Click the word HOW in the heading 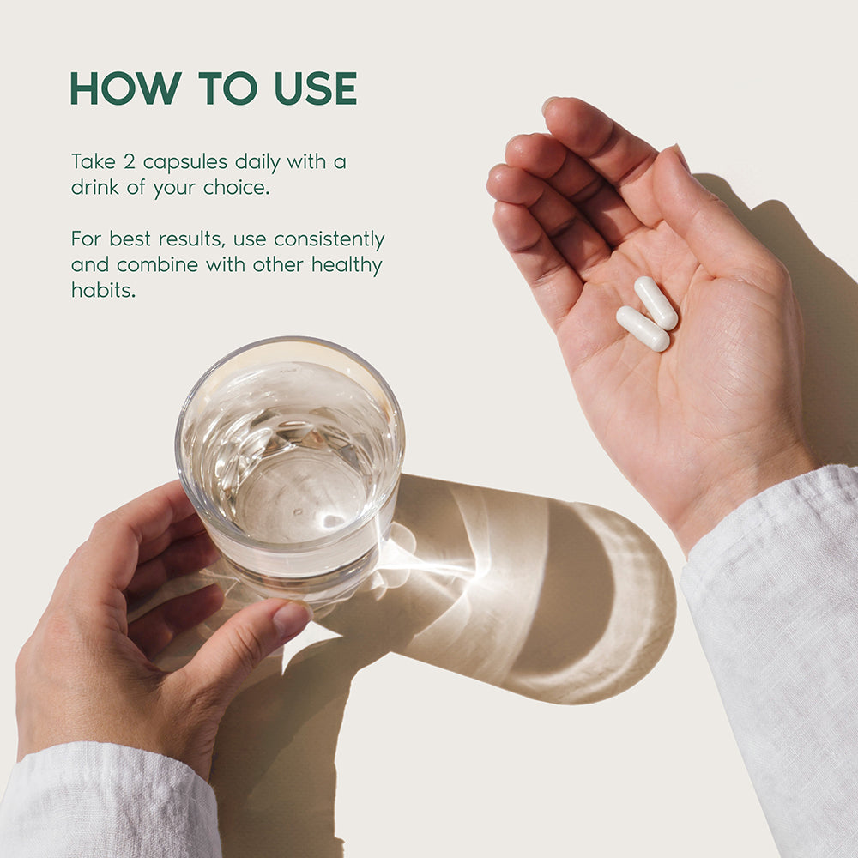(x=126, y=88)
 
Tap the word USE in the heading (x=316, y=88)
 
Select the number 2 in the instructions (x=129, y=162)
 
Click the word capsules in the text (x=185, y=163)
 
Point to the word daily (x=257, y=163)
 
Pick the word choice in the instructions (x=237, y=188)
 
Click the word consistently (x=329, y=239)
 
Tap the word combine (x=157, y=265)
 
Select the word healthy (x=347, y=266)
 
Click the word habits (x=103, y=290)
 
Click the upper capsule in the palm (x=656, y=303)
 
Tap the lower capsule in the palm (x=643, y=329)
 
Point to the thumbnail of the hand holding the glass (x=291, y=619)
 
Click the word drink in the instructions (x=94, y=188)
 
